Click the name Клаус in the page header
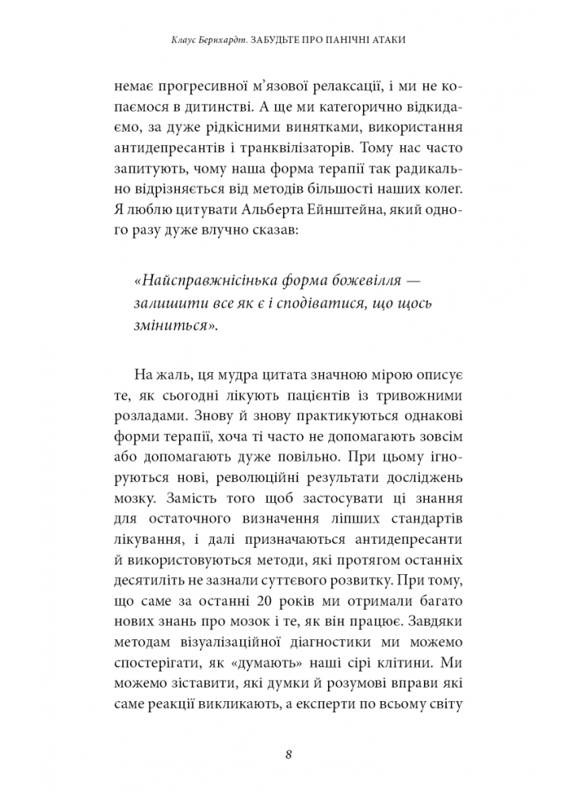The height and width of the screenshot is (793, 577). pyautogui.click(x=186, y=39)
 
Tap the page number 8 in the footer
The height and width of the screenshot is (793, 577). pyautogui.click(x=289, y=754)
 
